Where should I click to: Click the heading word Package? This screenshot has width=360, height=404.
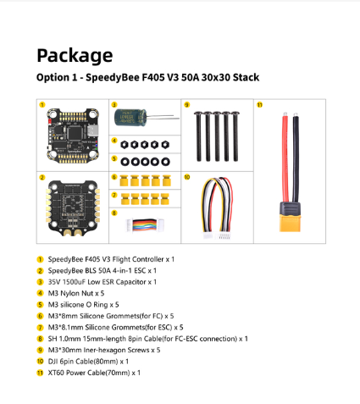pos(75,56)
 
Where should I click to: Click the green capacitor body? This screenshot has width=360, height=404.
pos(130,118)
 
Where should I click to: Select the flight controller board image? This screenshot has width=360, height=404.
pos(73,136)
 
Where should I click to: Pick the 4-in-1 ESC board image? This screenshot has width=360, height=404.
pos(73,208)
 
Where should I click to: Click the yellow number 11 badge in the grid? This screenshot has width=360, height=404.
pos(259,105)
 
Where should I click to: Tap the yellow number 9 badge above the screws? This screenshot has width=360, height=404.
pos(186,105)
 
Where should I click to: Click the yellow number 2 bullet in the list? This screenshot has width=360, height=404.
pos(40,271)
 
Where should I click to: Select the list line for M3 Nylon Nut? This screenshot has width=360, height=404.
pos(76,293)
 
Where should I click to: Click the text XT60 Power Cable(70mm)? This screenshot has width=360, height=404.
pos(89,373)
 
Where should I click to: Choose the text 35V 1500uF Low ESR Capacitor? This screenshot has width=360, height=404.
pos(97,282)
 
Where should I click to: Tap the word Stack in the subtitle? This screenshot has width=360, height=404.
pos(246,77)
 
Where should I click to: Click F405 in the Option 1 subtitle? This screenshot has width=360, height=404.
pos(153,77)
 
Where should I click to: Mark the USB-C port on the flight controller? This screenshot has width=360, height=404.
pos(92,130)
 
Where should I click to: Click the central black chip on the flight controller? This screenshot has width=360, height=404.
pos(75,133)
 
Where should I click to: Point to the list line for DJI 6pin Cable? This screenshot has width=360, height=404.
pos(88,362)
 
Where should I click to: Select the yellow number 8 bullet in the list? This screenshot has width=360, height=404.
pos(40,339)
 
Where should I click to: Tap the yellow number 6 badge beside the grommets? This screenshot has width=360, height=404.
pos(114,177)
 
